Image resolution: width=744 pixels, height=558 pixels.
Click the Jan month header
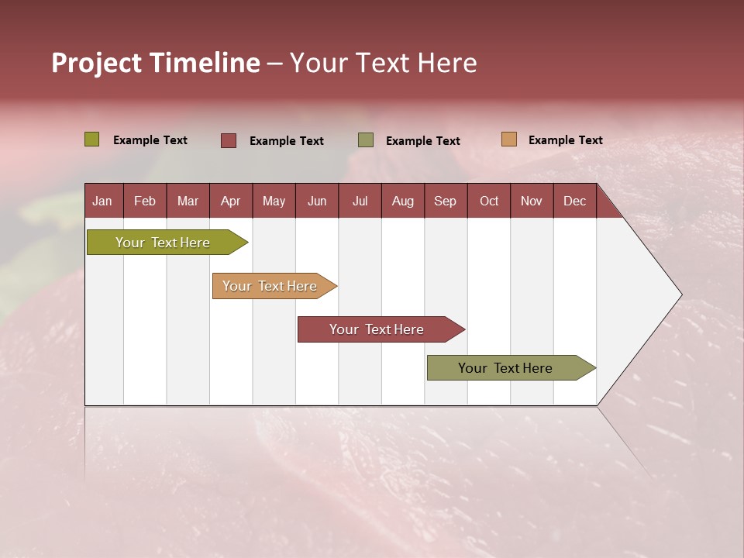pyautogui.click(x=103, y=201)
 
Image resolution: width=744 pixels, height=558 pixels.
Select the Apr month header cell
pyautogui.click(x=231, y=201)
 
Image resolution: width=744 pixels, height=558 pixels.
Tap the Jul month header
pyautogui.click(x=360, y=201)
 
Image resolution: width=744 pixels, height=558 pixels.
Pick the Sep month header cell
pyautogui.click(x=446, y=201)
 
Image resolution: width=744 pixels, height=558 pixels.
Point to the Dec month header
pyautogui.click(x=574, y=201)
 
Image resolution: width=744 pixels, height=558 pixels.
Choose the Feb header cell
pyautogui.click(x=145, y=201)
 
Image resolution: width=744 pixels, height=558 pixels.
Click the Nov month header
pyautogui.click(x=532, y=201)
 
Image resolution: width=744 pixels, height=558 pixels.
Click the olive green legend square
pyautogui.click(x=92, y=139)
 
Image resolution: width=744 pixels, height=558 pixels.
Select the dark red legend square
pyautogui.click(x=229, y=140)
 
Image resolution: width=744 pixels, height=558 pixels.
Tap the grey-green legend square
pyautogui.click(x=366, y=140)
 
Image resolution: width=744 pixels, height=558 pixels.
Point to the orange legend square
pyautogui.click(x=509, y=139)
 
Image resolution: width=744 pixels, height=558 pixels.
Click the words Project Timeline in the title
pyautogui.click(x=156, y=63)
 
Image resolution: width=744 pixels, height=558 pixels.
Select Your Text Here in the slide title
pyautogui.click(x=384, y=63)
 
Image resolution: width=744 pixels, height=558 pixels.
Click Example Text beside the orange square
pyautogui.click(x=565, y=140)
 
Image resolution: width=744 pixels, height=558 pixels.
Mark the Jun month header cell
pyautogui.click(x=317, y=201)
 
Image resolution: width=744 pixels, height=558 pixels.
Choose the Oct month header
pyautogui.click(x=489, y=201)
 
